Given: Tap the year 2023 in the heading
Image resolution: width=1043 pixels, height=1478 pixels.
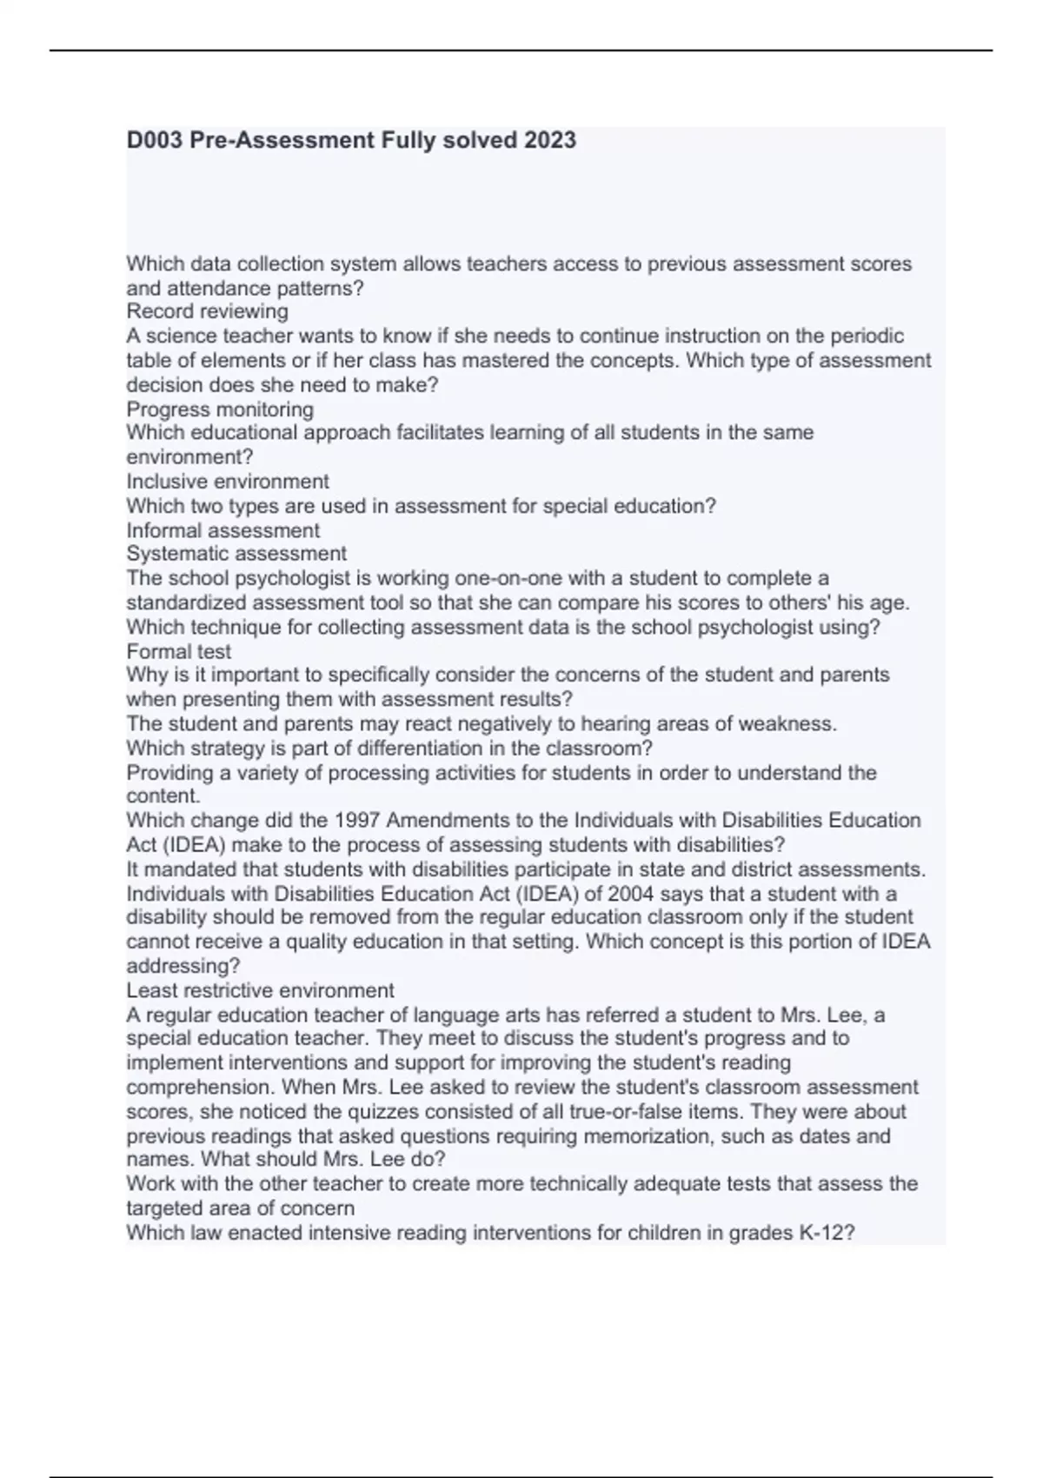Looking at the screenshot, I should [549, 140].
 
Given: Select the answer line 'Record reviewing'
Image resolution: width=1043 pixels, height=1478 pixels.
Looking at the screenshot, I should [207, 311].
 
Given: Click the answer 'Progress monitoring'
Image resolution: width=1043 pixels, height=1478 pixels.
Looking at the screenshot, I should [220, 409].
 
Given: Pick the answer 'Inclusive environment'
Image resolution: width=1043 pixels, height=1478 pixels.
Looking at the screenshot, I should [228, 482].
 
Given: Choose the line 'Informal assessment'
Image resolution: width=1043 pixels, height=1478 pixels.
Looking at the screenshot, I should [223, 530].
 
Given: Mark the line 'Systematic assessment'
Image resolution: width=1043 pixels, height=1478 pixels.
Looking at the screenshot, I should [236, 554].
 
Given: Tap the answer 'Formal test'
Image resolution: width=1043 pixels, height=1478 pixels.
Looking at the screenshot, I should [179, 651].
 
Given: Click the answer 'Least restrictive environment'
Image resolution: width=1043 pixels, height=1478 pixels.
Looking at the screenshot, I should [260, 990].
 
